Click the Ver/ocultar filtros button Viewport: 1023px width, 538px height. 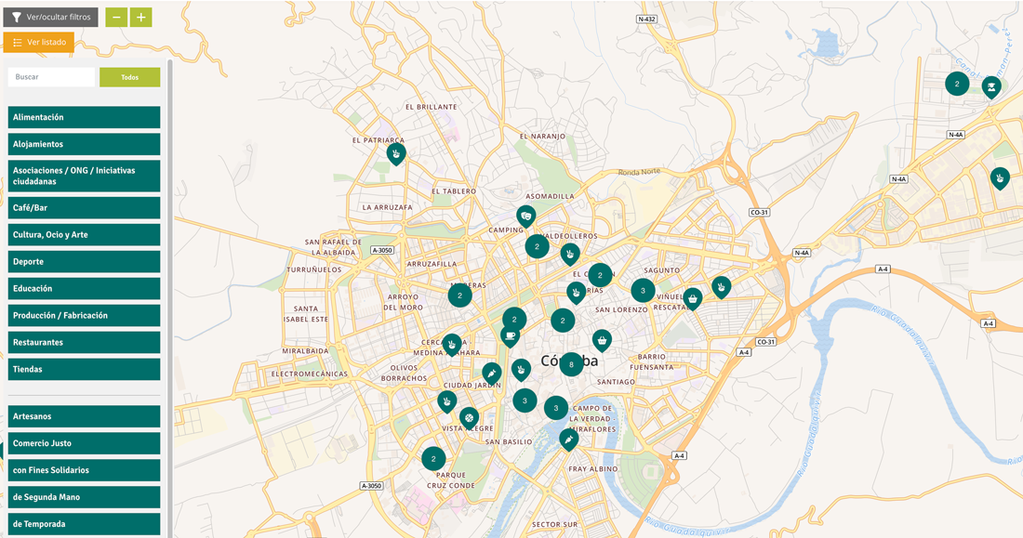(x=50, y=17)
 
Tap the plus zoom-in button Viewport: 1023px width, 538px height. (x=140, y=17)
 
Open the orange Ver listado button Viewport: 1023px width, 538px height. (x=38, y=42)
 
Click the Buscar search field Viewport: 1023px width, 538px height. (x=51, y=77)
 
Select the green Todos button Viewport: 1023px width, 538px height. (x=129, y=77)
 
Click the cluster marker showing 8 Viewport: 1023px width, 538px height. (x=571, y=365)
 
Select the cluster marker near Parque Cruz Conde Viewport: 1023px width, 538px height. (x=433, y=458)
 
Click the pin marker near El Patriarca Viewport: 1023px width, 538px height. (x=396, y=152)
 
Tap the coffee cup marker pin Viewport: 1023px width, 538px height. (x=510, y=335)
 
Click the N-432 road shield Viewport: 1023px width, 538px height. (x=647, y=20)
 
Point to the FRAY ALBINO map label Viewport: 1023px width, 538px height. (x=593, y=469)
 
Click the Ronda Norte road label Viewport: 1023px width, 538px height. (x=639, y=171)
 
